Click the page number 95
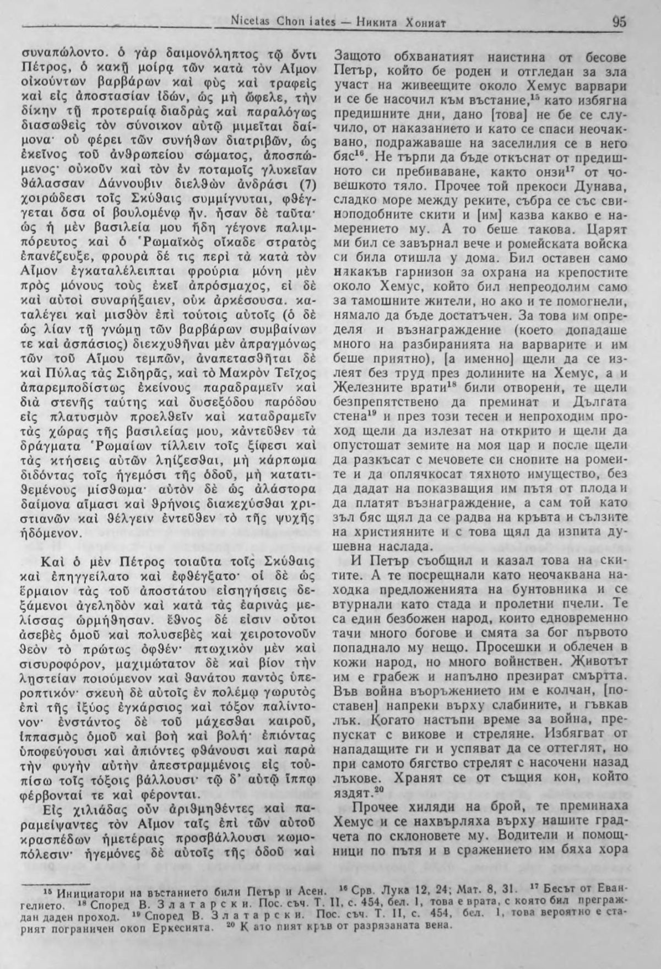(618, 23)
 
